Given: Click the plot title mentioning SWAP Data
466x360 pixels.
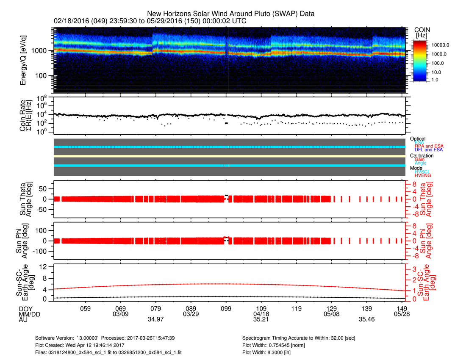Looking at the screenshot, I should pyautogui.click(x=230, y=14).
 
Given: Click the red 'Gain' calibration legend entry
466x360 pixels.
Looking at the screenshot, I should pyautogui.click(x=420, y=159).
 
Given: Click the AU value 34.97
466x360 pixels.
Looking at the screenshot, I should pyautogui.click(x=155, y=319).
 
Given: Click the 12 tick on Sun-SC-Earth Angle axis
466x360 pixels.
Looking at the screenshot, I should pyautogui.click(x=44, y=267).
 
